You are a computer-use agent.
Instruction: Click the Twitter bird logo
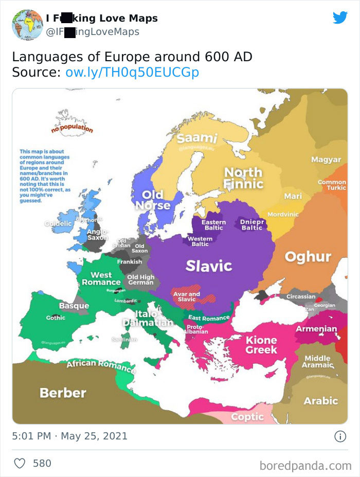tap(340, 18)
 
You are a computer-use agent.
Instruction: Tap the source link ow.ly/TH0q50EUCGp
tap(132, 73)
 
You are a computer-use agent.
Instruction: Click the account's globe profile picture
tap(27, 24)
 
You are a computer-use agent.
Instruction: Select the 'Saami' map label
tap(197, 138)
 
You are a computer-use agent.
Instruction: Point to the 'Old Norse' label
tap(152, 200)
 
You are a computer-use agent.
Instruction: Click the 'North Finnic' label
tap(243, 178)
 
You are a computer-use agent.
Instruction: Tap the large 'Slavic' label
tap(209, 266)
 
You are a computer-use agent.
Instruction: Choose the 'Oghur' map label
tap(308, 256)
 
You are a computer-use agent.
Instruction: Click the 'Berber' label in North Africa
tap(63, 393)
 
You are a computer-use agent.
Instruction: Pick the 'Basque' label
tap(74, 306)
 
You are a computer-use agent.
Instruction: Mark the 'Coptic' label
tap(247, 417)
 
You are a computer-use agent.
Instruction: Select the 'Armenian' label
tap(316, 329)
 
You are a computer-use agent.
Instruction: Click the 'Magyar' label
tap(326, 160)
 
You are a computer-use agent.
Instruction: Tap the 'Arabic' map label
tap(320, 400)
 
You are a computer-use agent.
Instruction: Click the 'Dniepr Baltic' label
tap(251, 224)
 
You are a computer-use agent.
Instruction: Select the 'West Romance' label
tap(101, 278)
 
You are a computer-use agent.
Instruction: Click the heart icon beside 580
tap(20, 463)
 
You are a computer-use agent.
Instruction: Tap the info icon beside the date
tap(340, 436)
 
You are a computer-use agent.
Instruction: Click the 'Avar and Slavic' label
tap(187, 297)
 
